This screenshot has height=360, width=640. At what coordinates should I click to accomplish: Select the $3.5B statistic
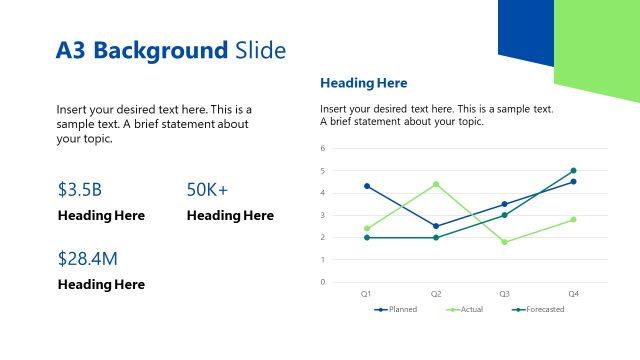pos(80,189)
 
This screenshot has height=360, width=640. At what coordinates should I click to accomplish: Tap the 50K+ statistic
pos(208,189)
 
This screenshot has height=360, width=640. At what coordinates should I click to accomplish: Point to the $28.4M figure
pos(88,259)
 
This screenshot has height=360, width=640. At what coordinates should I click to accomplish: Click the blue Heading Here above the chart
pos(363,83)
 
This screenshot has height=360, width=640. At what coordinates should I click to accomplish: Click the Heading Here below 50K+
pos(230,216)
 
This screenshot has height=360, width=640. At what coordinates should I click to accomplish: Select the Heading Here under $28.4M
pos(101,285)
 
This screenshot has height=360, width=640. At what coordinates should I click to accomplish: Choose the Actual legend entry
pos(470,310)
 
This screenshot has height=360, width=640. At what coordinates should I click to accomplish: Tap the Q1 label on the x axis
pos(366,294)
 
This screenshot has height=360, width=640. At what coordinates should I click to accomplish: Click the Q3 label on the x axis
pos(504,294)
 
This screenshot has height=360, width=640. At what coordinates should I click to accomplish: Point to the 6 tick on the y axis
pos(323,149)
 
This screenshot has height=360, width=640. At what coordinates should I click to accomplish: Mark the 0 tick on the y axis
pos(323,282)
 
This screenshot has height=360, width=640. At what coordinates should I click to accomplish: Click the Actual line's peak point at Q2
pos(436,184)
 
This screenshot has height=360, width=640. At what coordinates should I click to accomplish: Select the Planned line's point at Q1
pos(367,186)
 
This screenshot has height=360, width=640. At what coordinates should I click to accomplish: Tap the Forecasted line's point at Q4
pos(573,171)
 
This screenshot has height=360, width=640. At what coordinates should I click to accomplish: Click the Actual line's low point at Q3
pos(504,242)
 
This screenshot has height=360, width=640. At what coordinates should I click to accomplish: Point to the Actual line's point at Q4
pos(573,219)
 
